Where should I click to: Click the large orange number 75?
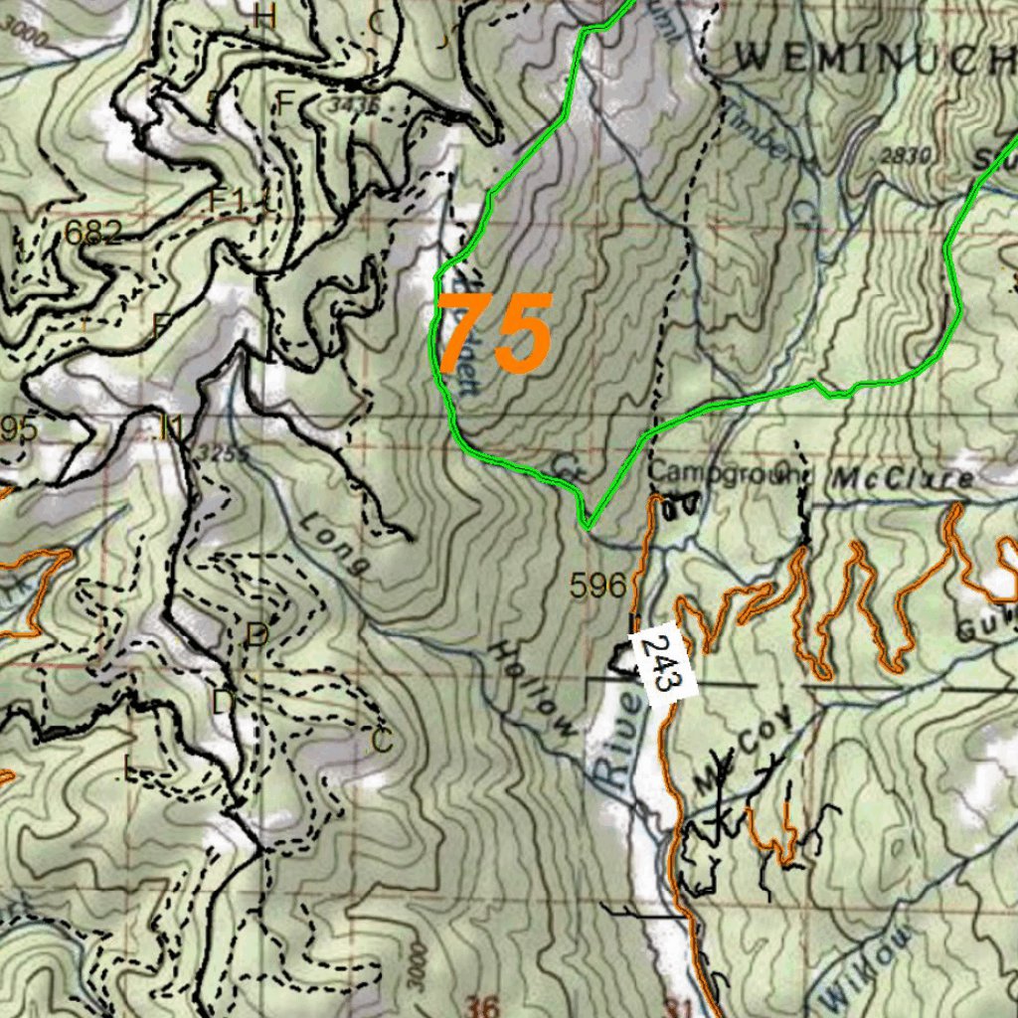point(494,333)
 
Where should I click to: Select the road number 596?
point(598,586)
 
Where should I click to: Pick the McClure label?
point(903,478)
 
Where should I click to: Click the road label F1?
point(228,200)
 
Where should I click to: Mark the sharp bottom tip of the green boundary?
point(588,527)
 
